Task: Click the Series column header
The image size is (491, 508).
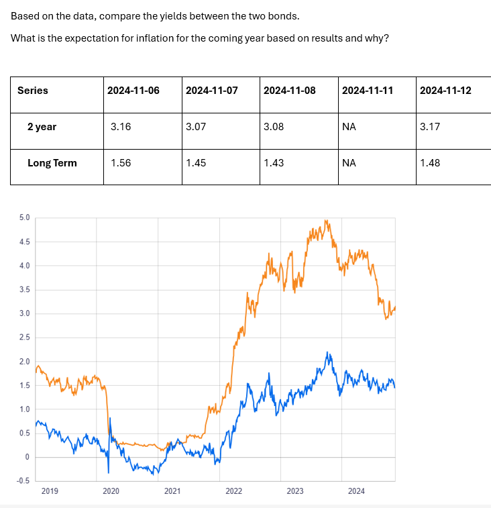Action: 33,91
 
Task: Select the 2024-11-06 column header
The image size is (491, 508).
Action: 133,91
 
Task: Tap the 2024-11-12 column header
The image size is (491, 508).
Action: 445,91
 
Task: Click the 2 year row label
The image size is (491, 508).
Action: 42,126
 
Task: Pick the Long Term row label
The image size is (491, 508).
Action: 52,162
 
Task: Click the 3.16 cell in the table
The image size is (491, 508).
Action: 120,126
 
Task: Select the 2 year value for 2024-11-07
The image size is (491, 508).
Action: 195,126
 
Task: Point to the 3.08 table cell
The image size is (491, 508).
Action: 274,126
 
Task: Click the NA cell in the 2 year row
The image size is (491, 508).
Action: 349,126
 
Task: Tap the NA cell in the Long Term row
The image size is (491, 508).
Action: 349,162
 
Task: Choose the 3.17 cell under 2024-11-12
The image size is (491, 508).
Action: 429,126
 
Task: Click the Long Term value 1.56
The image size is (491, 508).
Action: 120,162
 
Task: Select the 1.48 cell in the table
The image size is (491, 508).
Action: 429,162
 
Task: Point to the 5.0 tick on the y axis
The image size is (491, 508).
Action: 24,217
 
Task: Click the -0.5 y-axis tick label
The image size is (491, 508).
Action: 23,480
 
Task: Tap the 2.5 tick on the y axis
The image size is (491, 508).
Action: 24,338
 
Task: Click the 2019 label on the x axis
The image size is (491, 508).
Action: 50,491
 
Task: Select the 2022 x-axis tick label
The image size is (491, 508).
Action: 233,491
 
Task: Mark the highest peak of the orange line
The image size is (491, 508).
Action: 325,220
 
